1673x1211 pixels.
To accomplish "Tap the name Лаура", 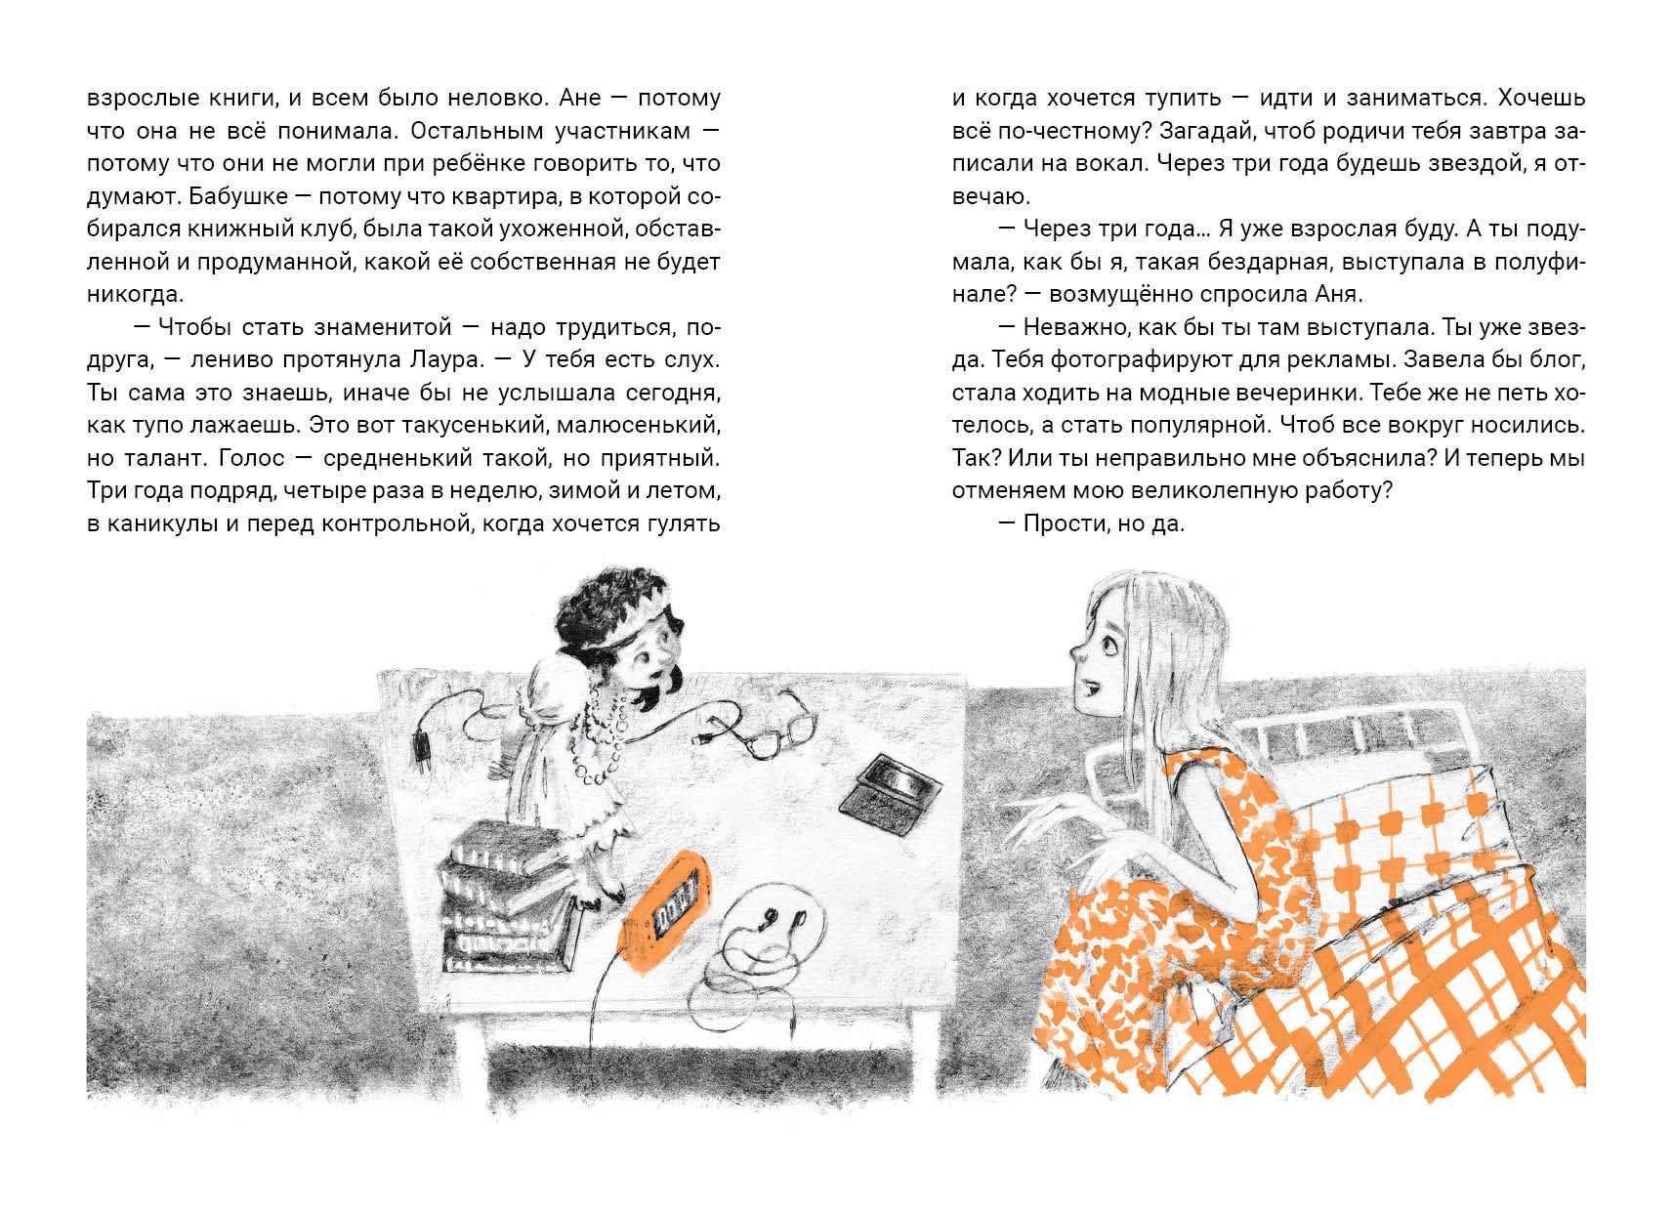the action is (x=448, y=360).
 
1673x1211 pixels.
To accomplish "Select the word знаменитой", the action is (x=383, y=327).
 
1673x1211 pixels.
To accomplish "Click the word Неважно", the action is (x=1075, y=327).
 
